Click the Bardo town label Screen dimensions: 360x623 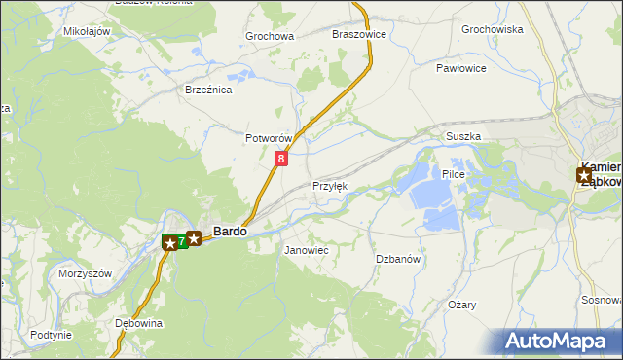pos(230,233)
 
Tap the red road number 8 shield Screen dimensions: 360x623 pos(281,158)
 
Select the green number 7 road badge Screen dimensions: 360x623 pos(182,240)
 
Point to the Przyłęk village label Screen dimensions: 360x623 pos(329,186)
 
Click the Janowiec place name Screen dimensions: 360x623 pos(306,251)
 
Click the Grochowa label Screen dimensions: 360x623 pos(270,37)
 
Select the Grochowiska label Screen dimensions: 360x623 pos(493,29)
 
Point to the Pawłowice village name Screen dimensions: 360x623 pos(460,69)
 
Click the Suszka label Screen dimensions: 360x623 pos(463,137)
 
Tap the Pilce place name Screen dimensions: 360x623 pos(455,174)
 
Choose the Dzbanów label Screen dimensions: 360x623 pos(397,259)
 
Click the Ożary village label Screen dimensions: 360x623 pos(462,305)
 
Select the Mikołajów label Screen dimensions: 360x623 pos(87,31)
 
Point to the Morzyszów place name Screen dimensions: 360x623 pos(86,273)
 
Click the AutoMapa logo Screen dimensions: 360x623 pos(560,342)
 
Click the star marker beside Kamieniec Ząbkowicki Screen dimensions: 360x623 pos(584,175)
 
